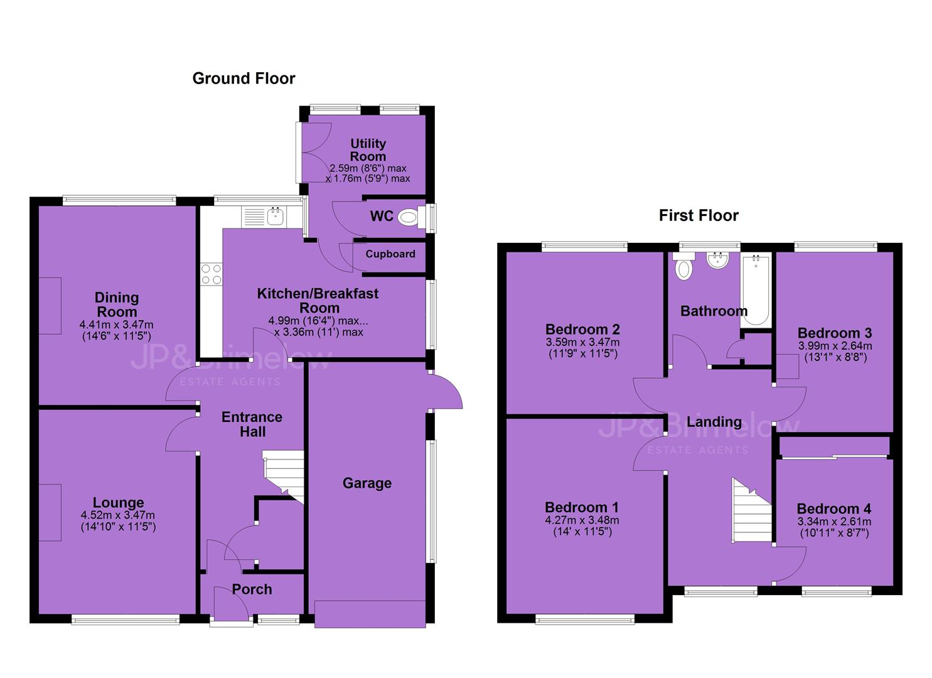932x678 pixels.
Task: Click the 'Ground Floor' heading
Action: (x=244, y=78)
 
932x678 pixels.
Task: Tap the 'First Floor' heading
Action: (x=699, y=215)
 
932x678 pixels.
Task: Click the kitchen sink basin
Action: (x=276, y=217)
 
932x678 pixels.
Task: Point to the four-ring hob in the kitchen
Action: (x=212, y=274)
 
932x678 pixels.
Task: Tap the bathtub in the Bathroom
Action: (x=756, y=289)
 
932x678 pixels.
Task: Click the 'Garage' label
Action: (x=367, y=483)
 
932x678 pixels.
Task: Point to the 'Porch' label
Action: (x=252, y=589)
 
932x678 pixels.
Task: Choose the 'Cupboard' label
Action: (x=390, y=254)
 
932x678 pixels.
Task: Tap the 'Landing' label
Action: (x=714, y=422)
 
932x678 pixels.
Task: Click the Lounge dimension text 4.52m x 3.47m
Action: (x=118, y=515)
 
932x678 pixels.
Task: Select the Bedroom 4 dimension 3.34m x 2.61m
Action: (x=834, y=522)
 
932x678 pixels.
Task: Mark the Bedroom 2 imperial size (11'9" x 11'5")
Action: (x=582, y=354)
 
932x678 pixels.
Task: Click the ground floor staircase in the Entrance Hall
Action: (x=284, y=476)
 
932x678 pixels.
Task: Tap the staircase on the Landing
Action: (x=751, y=510)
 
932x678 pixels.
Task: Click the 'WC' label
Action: (x=382, y=216)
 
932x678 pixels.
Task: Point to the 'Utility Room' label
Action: (x=368, y=150)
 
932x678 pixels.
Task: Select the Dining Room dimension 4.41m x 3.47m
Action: (x=117, y=325)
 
